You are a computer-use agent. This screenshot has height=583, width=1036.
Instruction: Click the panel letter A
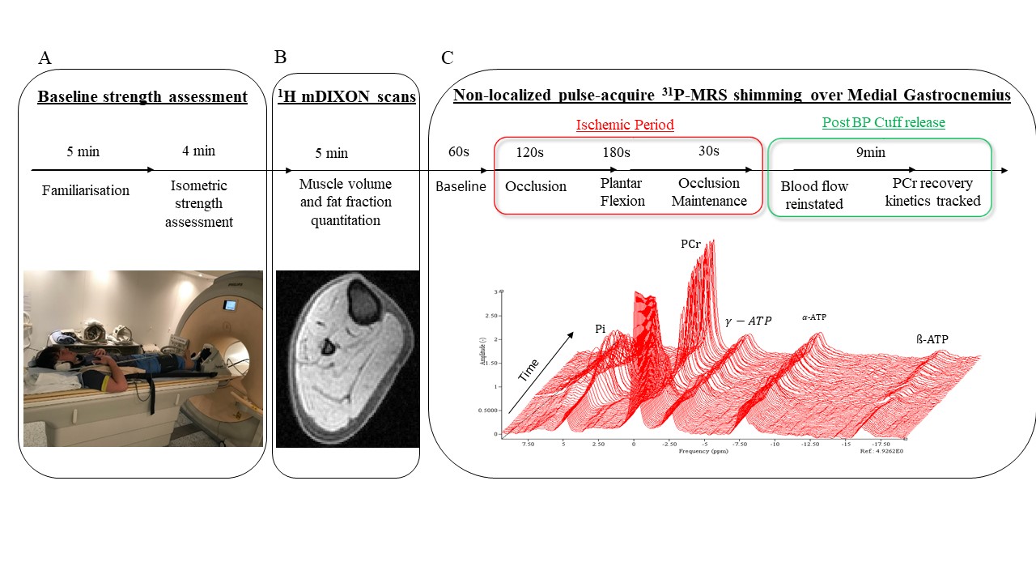tap(45, 57)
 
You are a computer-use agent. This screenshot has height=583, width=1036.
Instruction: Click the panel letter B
tap(281, 57)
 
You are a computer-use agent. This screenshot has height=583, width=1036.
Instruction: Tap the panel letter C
tap(448, 57)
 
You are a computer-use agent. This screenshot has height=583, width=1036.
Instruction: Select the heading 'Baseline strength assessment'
tap(142, 97)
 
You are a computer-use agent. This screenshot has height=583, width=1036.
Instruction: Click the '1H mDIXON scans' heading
tap(346, 97)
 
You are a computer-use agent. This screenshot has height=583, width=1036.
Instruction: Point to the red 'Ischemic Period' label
tap(625, 126)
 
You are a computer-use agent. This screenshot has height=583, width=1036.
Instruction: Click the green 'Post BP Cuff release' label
tap(883, 123)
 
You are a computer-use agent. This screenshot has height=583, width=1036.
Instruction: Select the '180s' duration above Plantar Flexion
tap(616, 152)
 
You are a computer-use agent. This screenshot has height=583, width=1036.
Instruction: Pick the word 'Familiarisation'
tap(86, 191)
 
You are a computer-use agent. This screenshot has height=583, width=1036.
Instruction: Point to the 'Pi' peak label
tap(600, 329)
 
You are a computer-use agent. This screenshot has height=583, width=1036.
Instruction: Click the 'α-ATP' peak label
tap(814, 317)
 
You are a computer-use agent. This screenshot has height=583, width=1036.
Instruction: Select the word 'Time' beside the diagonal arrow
tap(529, 370)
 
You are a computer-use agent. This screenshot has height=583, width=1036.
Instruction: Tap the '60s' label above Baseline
tap(460, 152)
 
